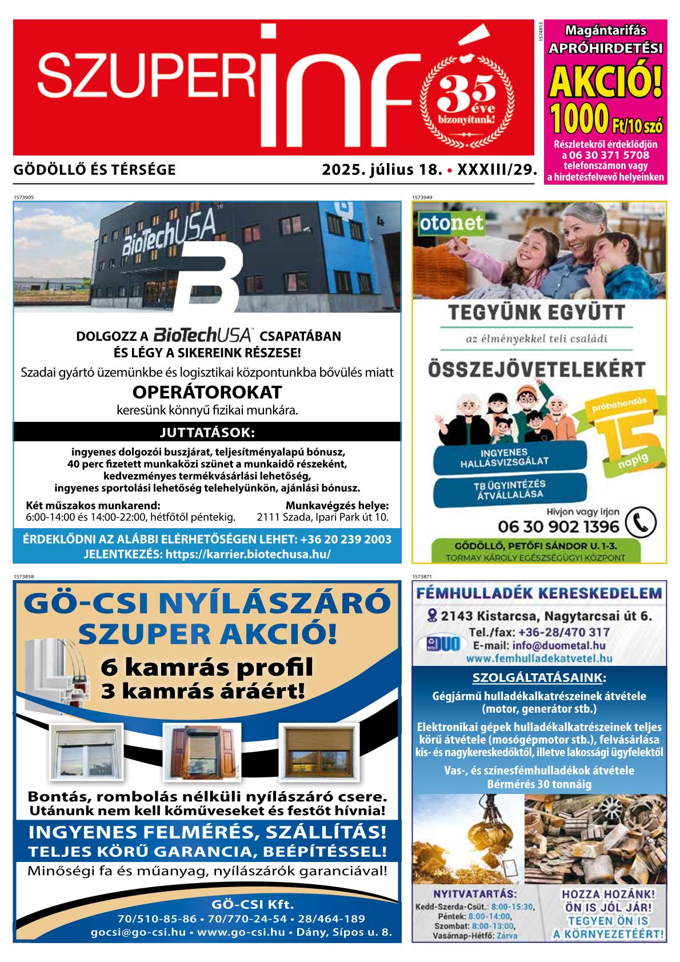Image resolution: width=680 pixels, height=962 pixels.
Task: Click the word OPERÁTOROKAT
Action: click(207, 393)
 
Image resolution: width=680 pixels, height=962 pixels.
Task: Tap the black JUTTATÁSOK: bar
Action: click(207, 432)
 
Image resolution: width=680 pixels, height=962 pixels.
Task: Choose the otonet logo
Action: click(444, 223)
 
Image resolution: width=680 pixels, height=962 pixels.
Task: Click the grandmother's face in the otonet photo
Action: click(575, 229)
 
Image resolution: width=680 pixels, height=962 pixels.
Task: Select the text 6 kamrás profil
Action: click(207, 666)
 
